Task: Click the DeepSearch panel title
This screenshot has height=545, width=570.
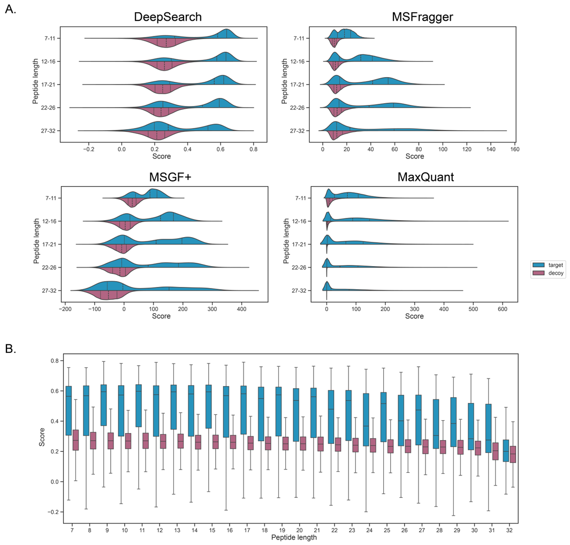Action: [x=168, y=17]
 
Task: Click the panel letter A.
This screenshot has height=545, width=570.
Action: [x=10, y=10]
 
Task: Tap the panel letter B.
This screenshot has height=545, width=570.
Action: [x=10, y=349]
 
